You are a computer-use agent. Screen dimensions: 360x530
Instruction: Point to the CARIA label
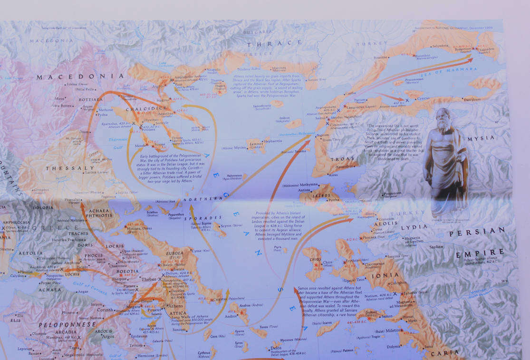(445, 353)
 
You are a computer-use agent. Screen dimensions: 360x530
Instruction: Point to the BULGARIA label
(257, 32)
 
